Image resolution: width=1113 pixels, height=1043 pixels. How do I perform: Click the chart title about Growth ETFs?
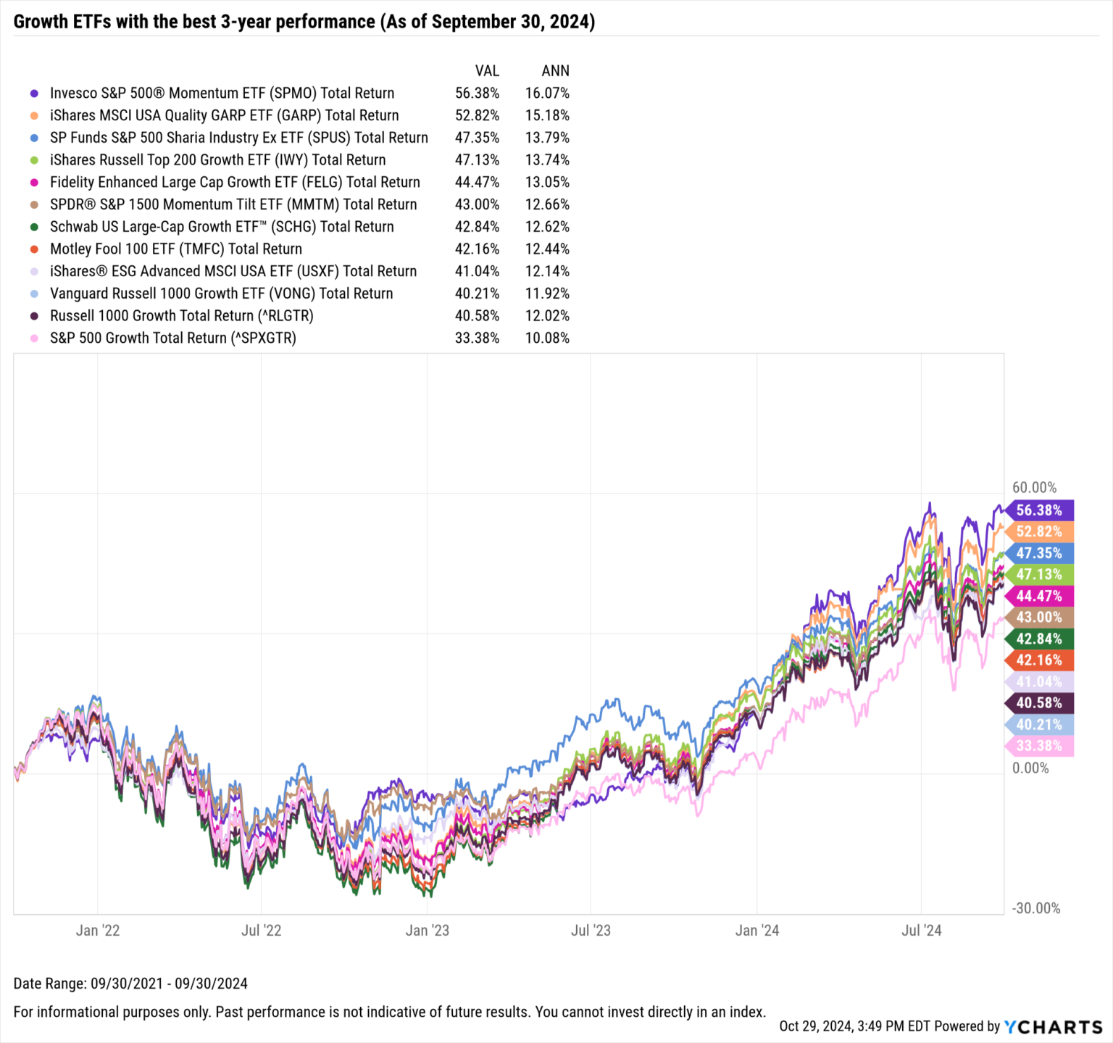pos(304,22)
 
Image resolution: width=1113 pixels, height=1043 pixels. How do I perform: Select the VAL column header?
pos(486,70)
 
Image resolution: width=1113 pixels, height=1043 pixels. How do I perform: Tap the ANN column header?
pos(555,70)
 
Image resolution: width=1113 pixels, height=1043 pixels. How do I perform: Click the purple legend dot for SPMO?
pos(34,94)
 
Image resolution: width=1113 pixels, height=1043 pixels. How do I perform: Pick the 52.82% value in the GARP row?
pos(477,115)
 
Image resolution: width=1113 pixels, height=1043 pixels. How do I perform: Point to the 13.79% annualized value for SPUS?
pos(547,138)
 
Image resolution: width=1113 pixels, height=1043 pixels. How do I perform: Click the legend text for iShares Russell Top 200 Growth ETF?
pos(217,160)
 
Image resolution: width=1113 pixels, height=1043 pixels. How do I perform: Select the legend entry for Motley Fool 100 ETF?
pos(175,249)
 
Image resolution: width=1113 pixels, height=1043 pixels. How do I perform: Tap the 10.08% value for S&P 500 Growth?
pos(547,338)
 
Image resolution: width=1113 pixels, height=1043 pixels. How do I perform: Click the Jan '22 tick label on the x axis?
pos(98,931)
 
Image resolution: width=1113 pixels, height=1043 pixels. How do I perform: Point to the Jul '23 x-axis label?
pos(591,931)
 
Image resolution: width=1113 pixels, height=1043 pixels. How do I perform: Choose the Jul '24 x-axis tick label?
pos(921,931)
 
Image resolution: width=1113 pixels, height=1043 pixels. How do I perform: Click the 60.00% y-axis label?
pos(1034,488)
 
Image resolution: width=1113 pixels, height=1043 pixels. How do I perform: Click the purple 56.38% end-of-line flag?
pos(1038,510)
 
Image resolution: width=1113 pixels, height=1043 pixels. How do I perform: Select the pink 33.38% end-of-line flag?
pos(1038,746)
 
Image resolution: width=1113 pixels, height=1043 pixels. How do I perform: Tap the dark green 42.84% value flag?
pos(1038,639)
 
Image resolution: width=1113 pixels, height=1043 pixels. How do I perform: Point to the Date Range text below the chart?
pos(130,984)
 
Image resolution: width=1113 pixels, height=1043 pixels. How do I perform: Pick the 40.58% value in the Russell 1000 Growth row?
pos(477,316)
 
